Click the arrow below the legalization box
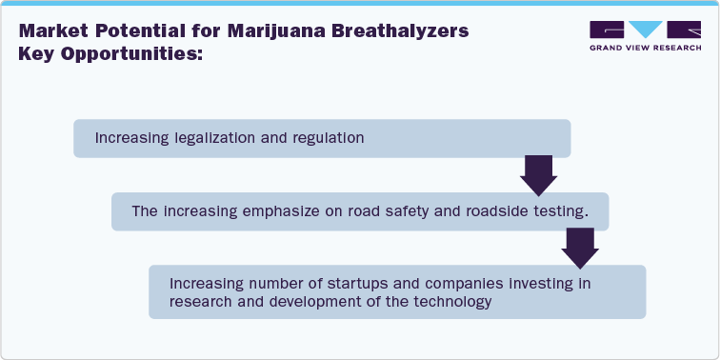(x=538, y=173)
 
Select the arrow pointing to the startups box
(x=577, y=247)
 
